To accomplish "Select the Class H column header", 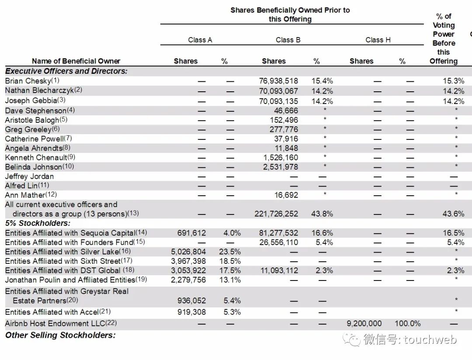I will tap(378, 40).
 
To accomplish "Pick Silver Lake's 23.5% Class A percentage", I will tap(229, 252).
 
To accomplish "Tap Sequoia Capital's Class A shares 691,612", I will tap(188, 233).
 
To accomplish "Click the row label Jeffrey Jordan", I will tap(30, 177).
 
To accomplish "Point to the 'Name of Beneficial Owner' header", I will tap(76, 61).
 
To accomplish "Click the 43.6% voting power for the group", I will tap(454, 214).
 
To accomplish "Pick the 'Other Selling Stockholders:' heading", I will tap(60, 335).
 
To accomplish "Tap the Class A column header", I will tap(200, 40).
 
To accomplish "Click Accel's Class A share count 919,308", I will tap(188, 312).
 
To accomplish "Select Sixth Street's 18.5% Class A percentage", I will tap(229, 261).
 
